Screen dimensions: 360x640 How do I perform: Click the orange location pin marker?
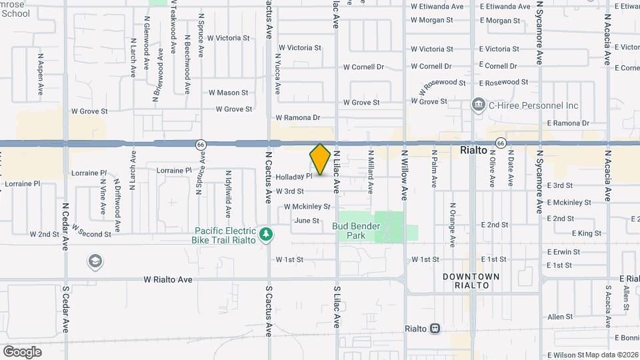click(320, 159)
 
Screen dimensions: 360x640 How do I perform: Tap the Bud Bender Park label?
click(357, 231)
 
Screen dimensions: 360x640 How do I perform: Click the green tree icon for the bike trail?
click(266, 233)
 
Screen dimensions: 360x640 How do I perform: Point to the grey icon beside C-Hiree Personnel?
click(478, 105)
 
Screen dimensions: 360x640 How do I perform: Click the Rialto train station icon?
click(434, 329)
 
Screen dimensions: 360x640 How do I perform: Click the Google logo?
click(22, 351)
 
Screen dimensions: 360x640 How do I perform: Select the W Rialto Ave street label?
click(168, 280)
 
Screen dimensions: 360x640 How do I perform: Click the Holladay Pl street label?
click(294, 177)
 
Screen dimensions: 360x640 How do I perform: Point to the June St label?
click(307, 221)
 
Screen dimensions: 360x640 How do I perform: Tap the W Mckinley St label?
click(307, 207)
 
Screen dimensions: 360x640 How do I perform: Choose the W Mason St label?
click(228, 93)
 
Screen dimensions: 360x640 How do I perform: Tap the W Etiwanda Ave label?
click(437, 7)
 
